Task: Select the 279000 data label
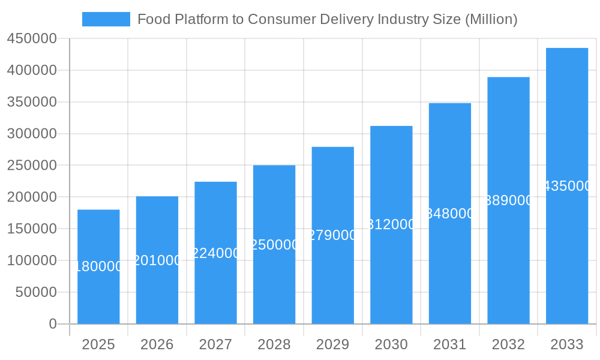(332, 235)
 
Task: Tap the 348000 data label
(450, 214)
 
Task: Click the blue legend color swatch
(106, 19)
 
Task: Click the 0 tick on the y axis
(53, 324)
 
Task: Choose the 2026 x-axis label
(157, 344)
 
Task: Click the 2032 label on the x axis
(508, 344)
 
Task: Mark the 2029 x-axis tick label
(332, 344)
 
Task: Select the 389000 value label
(508, 200)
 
